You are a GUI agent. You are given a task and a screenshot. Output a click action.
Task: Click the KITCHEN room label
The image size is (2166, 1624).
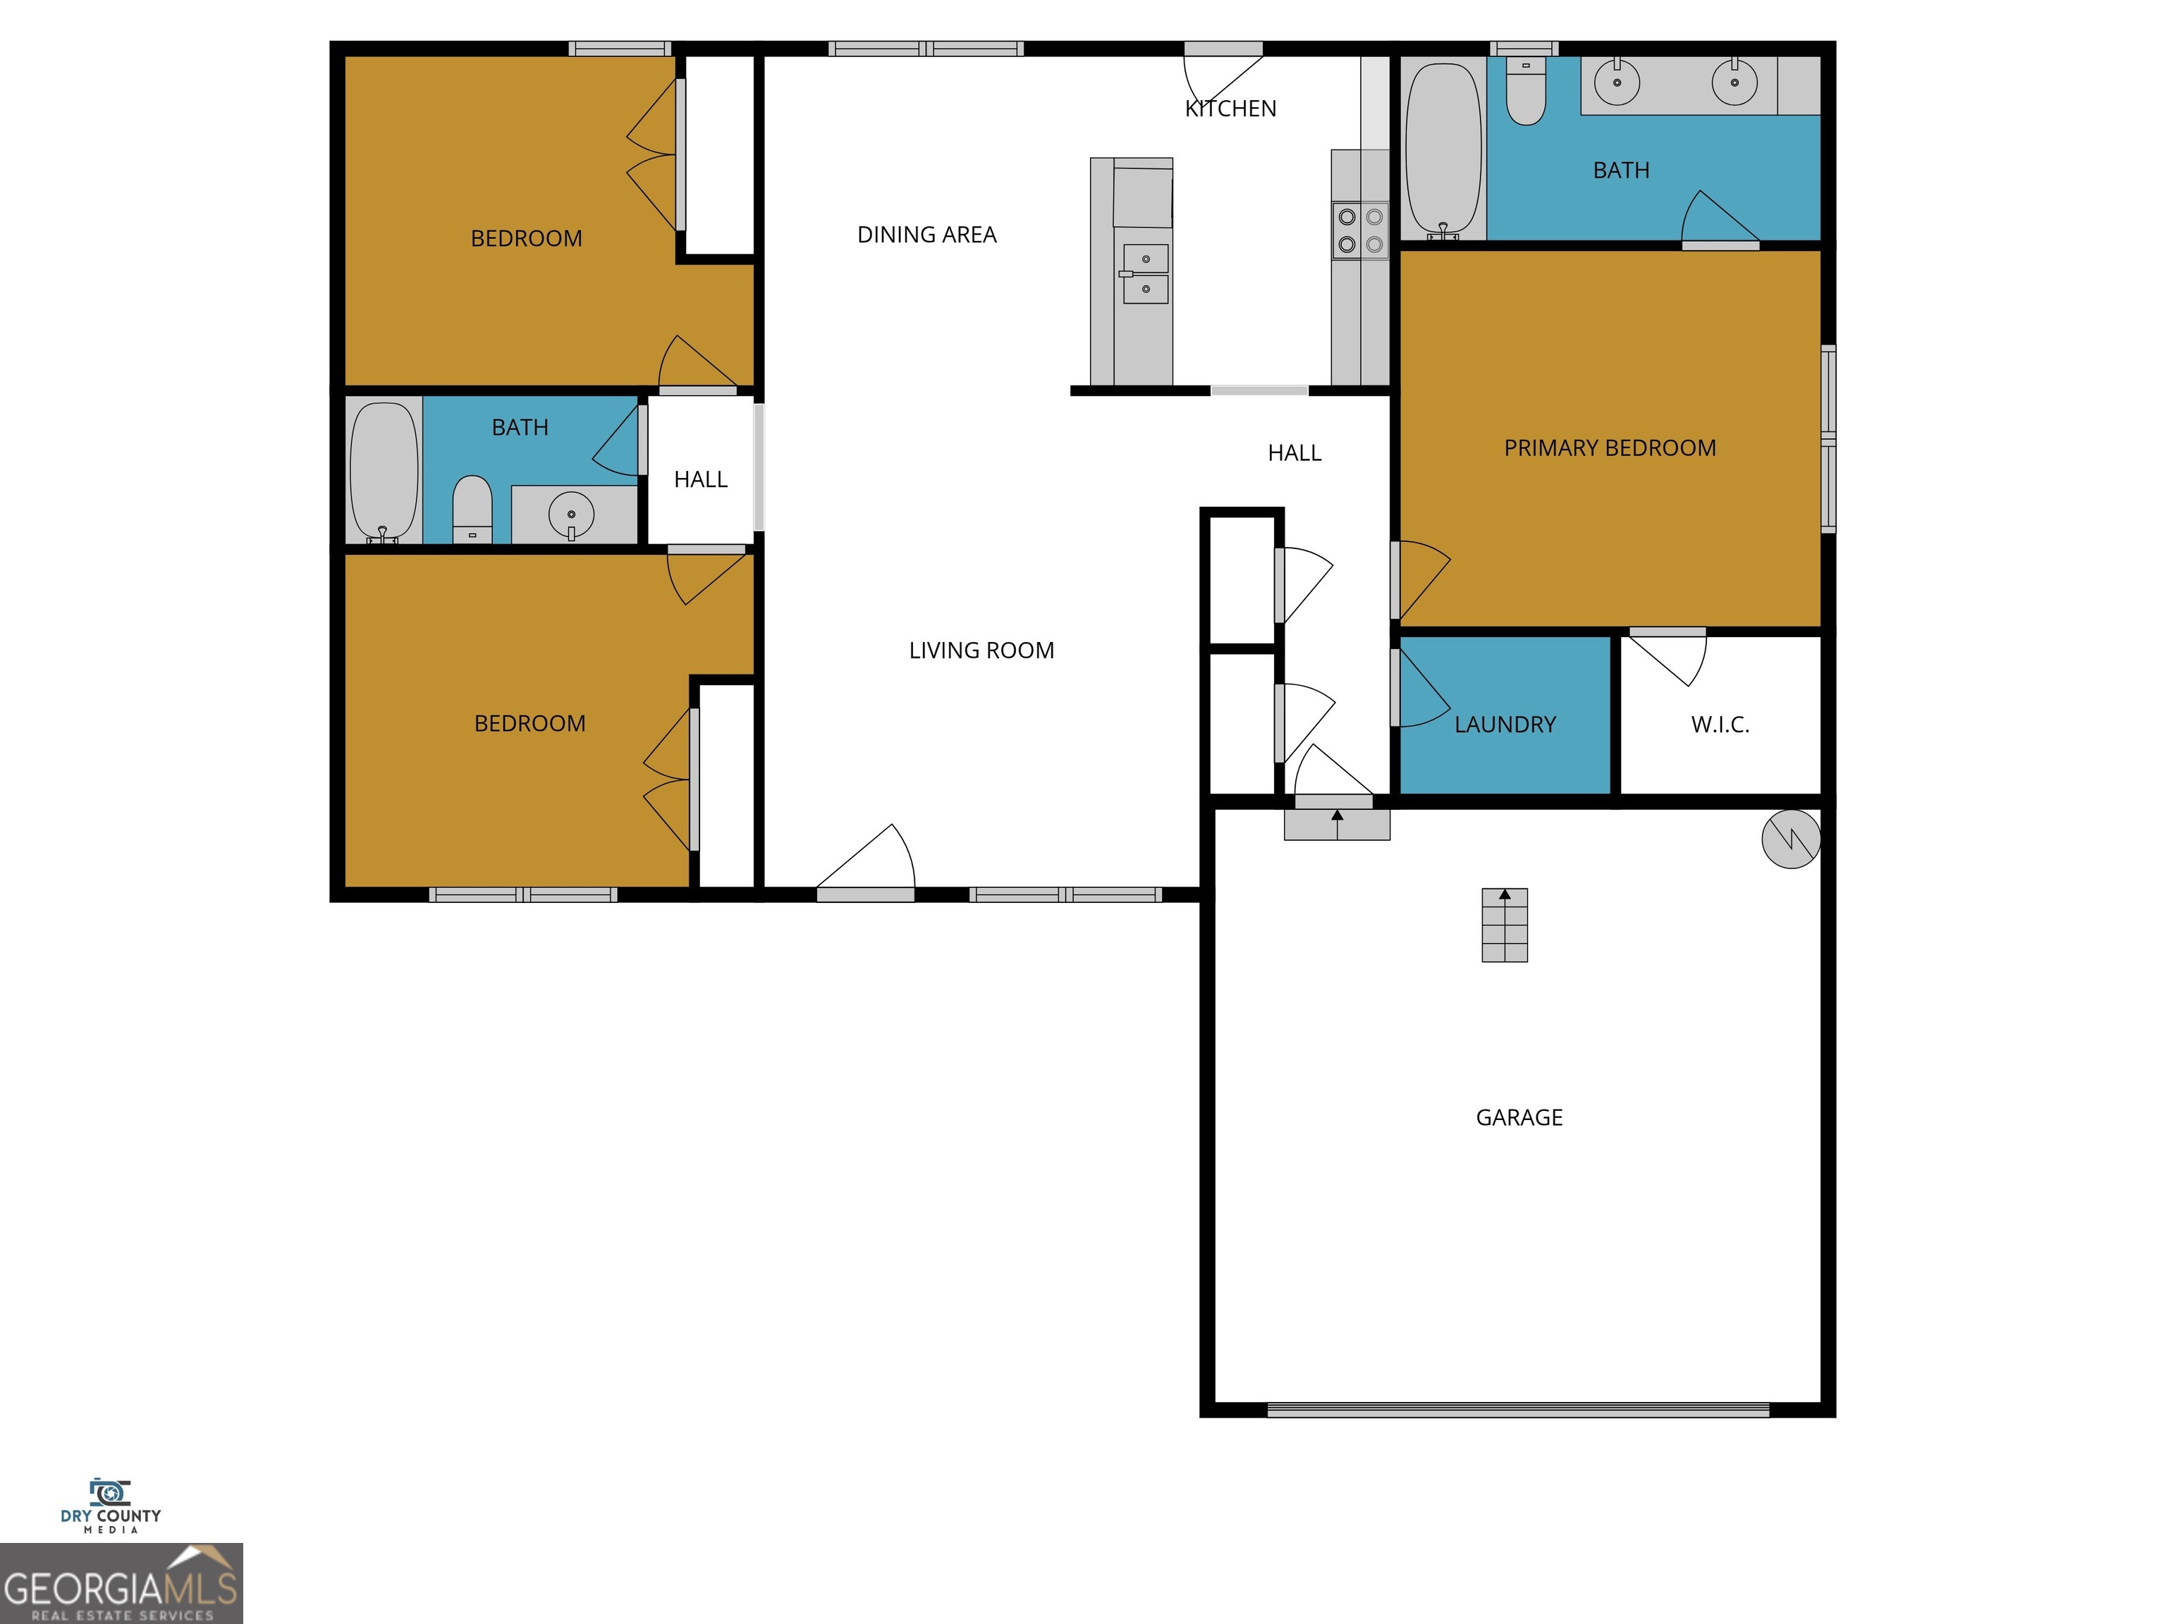[1231, 109]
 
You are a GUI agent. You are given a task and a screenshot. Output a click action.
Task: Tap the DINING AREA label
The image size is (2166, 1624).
[926, 235]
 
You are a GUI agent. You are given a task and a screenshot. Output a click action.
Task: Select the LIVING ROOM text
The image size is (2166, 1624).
[981, 651]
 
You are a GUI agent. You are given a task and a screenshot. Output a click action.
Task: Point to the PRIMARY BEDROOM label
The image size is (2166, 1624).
[1610, 448]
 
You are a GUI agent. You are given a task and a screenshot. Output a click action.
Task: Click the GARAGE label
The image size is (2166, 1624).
[1519, 1118]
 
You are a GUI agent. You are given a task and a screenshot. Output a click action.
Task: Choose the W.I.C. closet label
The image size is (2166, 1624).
[1720, 725]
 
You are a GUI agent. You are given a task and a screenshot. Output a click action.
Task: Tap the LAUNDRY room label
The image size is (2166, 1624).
[1505, 725]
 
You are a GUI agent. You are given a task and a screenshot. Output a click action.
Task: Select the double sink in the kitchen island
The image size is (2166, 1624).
[1144, 274]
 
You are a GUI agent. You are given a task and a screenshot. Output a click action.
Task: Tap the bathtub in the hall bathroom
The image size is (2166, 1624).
[383, 471]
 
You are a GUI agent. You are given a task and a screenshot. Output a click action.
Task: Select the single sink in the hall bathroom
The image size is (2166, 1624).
[572, 514]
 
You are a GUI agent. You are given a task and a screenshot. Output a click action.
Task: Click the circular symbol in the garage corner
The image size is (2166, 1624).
[1790, 839]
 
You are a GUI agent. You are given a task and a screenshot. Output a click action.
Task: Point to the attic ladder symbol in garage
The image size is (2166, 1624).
[1504, 925]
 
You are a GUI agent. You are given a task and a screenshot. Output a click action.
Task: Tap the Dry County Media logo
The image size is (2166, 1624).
[111, 1506]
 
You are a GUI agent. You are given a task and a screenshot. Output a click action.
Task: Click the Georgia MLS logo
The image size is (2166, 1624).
[121, 1583]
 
